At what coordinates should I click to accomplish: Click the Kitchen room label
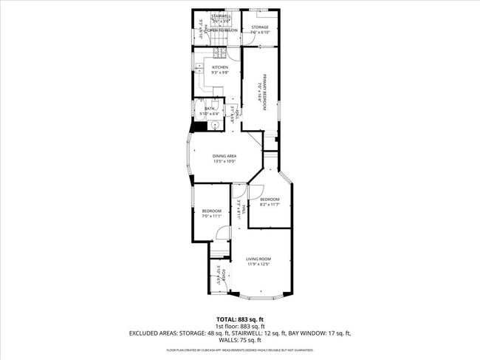[209, 67]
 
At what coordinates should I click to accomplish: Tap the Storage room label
[259, 27]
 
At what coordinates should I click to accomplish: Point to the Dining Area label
[224, 156]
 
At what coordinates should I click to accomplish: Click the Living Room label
[258, 259]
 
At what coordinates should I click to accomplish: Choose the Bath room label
[209, 109]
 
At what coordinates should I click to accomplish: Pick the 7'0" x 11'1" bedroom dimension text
[212, 217]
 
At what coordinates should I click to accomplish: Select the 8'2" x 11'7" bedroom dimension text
[270, 205]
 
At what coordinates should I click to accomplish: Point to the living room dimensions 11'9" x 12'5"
[258, 264]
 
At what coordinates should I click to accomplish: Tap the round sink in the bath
[213, 125]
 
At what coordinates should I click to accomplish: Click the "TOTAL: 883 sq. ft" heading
[240, 319]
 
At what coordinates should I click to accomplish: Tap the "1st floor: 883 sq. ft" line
[240, 326]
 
